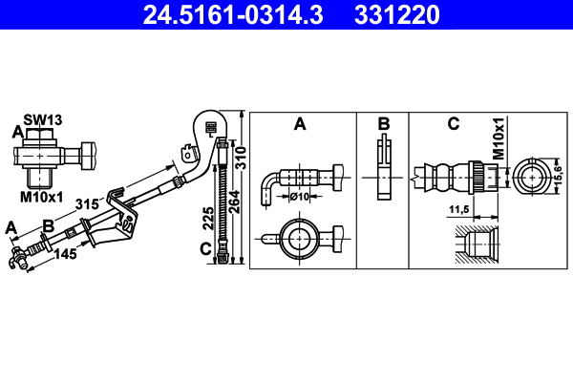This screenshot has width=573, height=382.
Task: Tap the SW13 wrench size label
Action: (44, 119)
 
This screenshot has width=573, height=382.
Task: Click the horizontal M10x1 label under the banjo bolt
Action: (42, 197)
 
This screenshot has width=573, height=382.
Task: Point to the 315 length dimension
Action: (88, 204)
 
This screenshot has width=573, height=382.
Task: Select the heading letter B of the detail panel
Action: (383, 124)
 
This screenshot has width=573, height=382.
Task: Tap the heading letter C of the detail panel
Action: (453, 124)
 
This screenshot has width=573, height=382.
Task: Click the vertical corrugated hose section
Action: (223, 202)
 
